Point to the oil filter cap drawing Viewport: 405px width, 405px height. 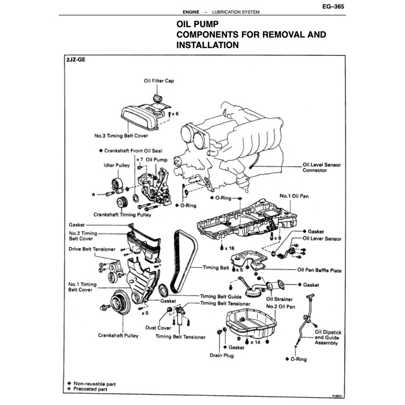pyautogui.click(x=157, y=98)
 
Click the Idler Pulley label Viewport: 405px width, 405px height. pyautogui.click(x=113, y=165)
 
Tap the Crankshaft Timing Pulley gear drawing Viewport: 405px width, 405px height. pyautogui.click(x=122, y=202)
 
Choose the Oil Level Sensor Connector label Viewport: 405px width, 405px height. pyautogui.click(x=321, y=167)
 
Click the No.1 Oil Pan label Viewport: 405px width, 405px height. pyautogui.click(x=294, y=196)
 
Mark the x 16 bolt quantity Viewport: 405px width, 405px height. pyautogui.click(x=228, y=248)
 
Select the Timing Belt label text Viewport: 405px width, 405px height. pyautogui.click(x=218, y=267)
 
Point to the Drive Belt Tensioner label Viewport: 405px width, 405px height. pyautogui.click(x=92, y=249)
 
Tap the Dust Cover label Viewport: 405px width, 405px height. pyautogui.click(x=158, y=328)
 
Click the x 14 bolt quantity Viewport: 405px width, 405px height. pyautogui.click(x=255, y=342)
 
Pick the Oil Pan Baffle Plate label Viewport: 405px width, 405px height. pyautogui.click(x=319, y=271)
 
